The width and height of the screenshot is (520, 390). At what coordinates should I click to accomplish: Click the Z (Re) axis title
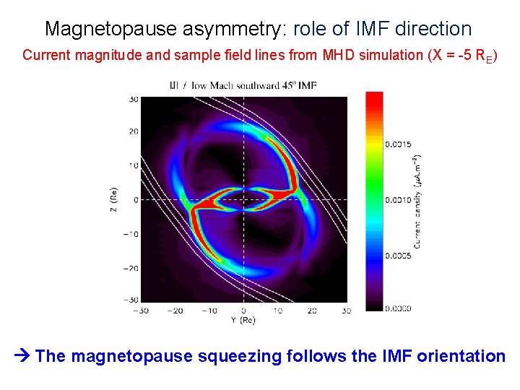click(113, 200)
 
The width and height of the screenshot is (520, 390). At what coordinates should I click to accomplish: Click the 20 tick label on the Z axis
click(133, 131)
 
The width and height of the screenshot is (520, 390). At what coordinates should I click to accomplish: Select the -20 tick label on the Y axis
click(174, 311)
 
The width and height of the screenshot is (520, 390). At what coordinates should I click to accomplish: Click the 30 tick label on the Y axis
click(346, 311)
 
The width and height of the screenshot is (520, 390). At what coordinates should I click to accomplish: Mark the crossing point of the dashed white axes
click(243, 200)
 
